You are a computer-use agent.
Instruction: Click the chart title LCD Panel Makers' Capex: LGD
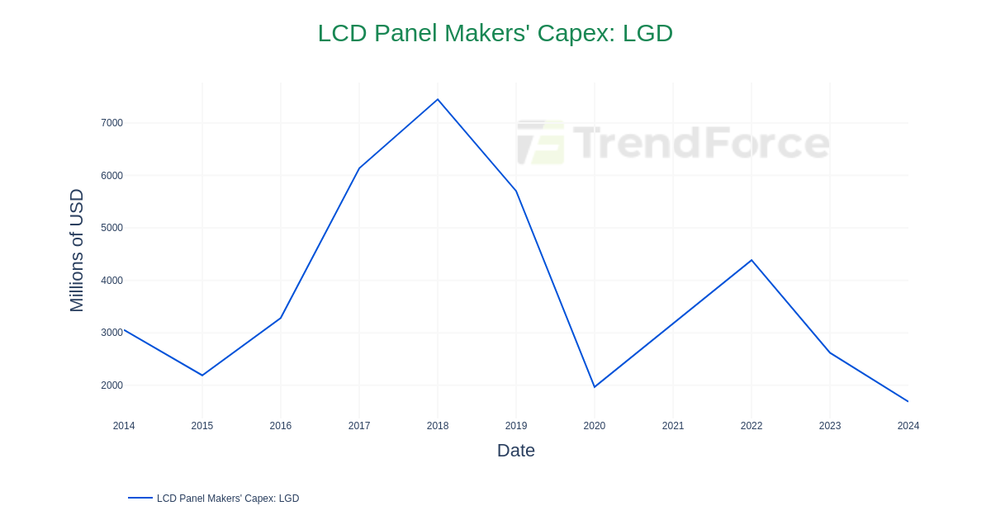[495, 33]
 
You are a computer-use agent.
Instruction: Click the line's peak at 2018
[438, 100]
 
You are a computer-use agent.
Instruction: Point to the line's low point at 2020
[595, 387]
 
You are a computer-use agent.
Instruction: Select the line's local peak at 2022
[752, 261]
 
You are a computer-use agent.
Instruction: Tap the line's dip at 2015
[202, 376]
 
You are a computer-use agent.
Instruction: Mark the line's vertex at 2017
[359, 168]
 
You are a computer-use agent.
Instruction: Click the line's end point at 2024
[908, 401]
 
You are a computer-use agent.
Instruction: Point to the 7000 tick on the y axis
[111, 123]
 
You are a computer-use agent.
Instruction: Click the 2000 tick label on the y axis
[111, 385]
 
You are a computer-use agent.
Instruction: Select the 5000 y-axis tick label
[111, 228]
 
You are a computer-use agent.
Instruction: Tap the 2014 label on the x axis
[124, 426]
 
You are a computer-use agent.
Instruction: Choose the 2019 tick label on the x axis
[516, 426]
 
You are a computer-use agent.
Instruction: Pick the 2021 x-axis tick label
[673, 426]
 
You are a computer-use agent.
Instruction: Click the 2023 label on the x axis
[830, 426]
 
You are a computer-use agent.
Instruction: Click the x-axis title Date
[515, 451]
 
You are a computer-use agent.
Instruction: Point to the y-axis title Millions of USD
[77, 250]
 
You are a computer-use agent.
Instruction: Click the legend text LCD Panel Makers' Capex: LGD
[228, 499]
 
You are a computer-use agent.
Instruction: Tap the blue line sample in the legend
[140, 498]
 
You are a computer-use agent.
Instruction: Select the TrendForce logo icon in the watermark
[541, 143]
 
